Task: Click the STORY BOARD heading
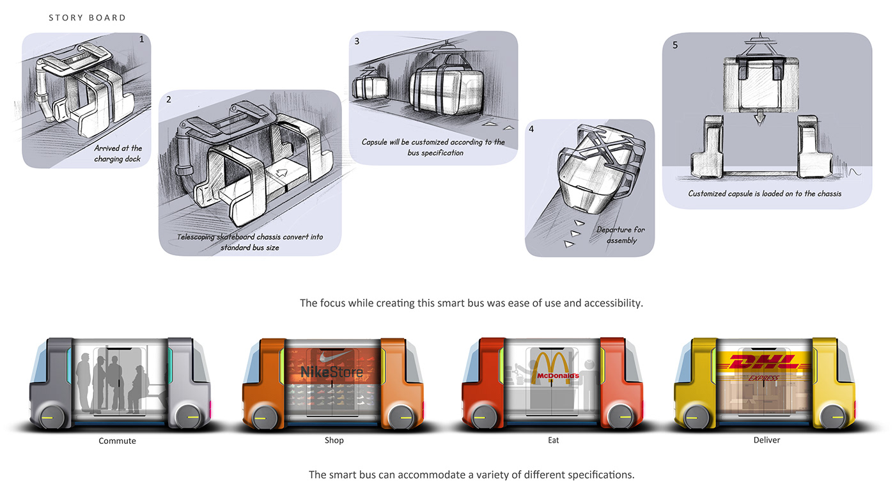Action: pyautogui.click(x=88, y=18)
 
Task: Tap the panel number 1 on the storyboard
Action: pyautogui.click(x=141, y=40)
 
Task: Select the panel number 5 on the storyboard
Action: pyautogui.click(x=676, y=45)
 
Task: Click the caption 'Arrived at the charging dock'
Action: pyautogui.click(x=118, y=154)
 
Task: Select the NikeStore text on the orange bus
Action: pyautogui.click(x=331, y=372)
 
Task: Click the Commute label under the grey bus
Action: pyautogui.click(x=117, y=441)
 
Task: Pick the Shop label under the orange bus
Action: pyautogui.click(x=334, y=440)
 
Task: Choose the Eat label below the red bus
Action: pyautogui.click(x=554, y=440)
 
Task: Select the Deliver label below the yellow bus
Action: pyautogui.click(x=767, y=440)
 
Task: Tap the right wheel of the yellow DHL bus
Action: pyautogui.click(x=834, y=418)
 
